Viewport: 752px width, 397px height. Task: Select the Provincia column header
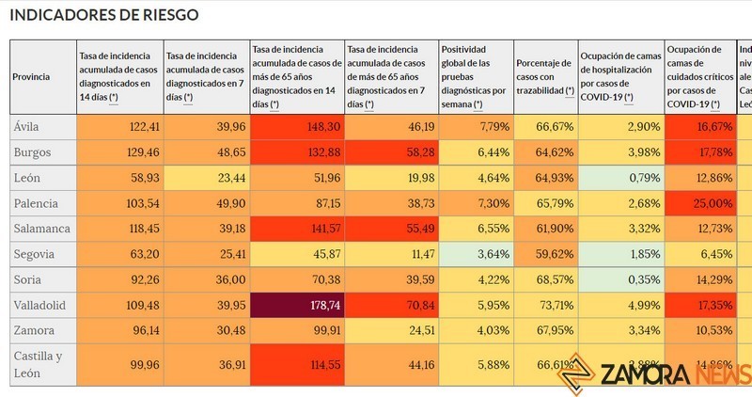tap(31, 77)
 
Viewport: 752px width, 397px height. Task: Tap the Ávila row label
tap(27, 125)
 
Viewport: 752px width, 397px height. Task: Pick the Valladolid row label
tap(40, 305)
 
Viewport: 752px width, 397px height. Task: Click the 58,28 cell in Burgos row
tap(391, 151)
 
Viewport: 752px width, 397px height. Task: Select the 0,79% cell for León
tap(620, 177)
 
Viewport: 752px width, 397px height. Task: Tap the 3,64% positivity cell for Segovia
tap(476, 254)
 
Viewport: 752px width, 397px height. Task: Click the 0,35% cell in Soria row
tap(620, 279)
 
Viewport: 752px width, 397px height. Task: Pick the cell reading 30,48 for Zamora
tap(207, 330)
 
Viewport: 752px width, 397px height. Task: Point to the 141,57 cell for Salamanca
tap(296, 229)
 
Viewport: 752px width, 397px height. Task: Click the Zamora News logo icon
tap(576, 374)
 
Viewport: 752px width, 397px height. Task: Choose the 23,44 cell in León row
tap(207, 177)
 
